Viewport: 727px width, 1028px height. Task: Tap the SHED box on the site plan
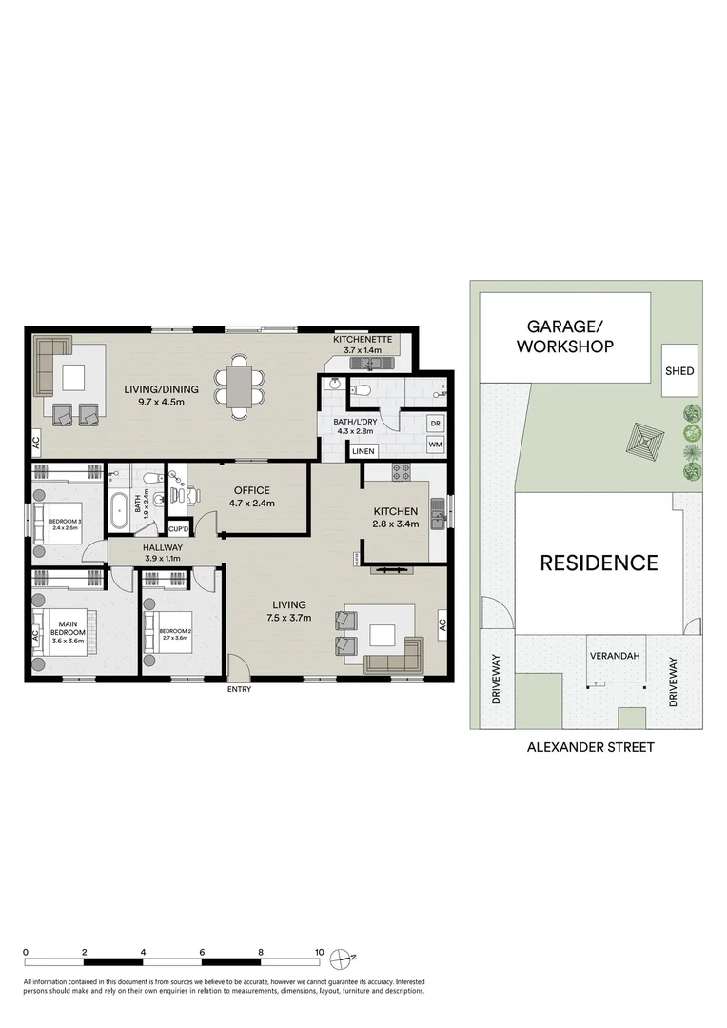(679, 371)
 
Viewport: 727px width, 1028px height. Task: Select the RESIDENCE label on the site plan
(599, 563)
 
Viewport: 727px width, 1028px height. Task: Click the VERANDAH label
(613, 656)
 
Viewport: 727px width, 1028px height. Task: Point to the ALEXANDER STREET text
(590, 747)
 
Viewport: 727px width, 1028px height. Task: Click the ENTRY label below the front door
(239, 689)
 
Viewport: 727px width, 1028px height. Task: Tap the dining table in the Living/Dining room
(235, 386)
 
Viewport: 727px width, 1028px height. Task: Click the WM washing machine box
(435, 445)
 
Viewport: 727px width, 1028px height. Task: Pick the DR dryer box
(435, 424)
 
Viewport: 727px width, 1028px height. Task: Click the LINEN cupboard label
(363, 451)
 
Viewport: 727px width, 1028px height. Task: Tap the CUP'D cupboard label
(178, 529)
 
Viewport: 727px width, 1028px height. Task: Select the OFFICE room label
(251, 490)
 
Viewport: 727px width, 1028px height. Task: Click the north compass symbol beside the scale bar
(346, 958)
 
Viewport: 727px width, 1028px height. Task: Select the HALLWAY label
(163, 548)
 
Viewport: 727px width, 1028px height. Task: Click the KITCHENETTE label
(357, 340)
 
